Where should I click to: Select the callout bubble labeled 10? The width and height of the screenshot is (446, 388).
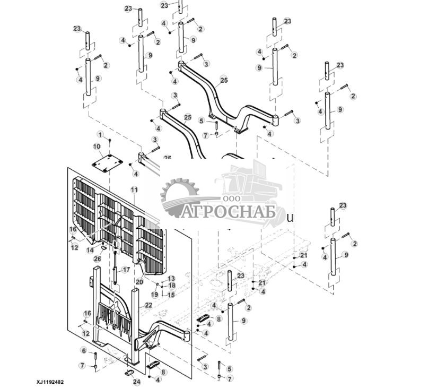97,146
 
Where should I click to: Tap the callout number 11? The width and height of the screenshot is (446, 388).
134,189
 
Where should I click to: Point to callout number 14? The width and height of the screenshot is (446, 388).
90,249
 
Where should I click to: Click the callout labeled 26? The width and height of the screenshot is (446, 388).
97,258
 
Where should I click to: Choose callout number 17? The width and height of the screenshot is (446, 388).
126,270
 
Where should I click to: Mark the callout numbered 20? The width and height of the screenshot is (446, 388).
138,282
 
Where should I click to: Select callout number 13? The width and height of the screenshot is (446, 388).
171,278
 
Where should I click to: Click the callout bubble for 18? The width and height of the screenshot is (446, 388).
171,286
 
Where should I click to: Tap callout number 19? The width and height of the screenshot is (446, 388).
154,294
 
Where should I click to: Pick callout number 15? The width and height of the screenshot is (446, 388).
171,295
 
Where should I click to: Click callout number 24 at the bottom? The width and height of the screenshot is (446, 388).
137,382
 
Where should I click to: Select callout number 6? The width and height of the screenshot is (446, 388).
83,350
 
